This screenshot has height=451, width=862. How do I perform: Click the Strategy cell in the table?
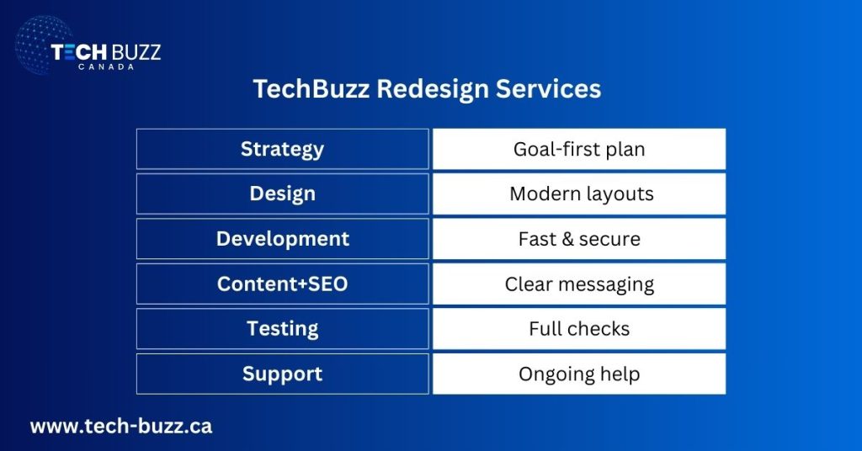(x=282, y=149)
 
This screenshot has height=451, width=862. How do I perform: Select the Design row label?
(x=282, y=194)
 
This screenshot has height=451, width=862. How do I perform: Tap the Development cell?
(x=282, y=239)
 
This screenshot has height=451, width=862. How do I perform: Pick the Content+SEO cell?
(x=282, y=284)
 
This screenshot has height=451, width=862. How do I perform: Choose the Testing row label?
(x=282, y=328)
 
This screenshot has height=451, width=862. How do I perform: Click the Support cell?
(x=282, y=374)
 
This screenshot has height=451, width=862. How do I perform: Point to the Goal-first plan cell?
(x=579, y=149)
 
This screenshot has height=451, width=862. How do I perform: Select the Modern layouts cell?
(x=579, y=194)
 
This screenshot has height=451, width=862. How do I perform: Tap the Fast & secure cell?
(x=579, y=239)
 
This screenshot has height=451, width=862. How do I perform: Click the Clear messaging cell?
(x=579, y=284)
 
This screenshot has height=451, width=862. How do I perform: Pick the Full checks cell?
(x=579, y=328)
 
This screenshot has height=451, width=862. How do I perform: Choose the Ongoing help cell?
(x=579, y=374)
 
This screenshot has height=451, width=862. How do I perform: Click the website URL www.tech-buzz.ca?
(x=121, y=426)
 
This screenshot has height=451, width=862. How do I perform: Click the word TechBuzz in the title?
(x=311, y=89)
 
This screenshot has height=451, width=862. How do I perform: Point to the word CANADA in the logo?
(x=106, y=66)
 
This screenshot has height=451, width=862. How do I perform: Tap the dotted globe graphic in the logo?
(x=38, y=46)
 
